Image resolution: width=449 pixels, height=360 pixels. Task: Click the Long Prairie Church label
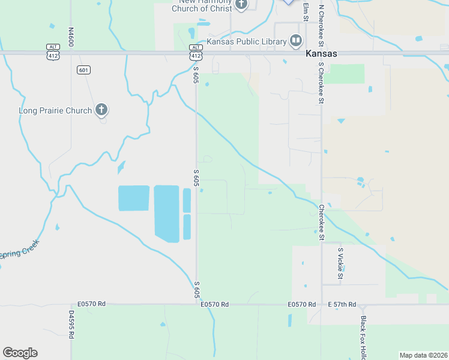coord(55,110)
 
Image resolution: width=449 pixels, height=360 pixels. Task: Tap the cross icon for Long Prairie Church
coord(101,110)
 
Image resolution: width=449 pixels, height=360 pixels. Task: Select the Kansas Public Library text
coord(247,41)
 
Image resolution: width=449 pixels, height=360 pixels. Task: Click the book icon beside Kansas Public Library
coord(295,41)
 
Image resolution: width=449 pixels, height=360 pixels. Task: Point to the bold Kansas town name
coord(321,53)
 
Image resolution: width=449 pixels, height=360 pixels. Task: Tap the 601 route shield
coord(84,70)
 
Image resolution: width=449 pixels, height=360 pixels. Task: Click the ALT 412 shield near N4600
coord(53,52)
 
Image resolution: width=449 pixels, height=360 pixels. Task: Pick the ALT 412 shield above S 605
coord(196,52)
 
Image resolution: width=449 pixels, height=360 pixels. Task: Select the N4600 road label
coord(71,37)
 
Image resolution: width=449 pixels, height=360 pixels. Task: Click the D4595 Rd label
coord(71,325)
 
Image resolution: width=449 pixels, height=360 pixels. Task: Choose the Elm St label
coord(306,12)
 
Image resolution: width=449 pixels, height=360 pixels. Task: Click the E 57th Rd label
coord(342,305)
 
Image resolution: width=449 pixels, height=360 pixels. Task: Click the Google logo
coord(20,353)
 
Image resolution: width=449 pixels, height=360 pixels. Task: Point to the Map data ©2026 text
coord(423,355)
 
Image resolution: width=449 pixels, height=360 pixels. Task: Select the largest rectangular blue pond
coord(167,213)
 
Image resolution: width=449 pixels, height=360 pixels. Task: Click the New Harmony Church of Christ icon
coord(241,5)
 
